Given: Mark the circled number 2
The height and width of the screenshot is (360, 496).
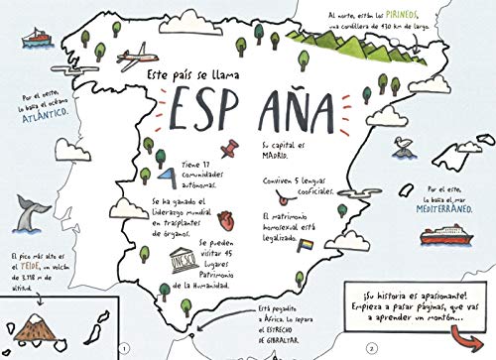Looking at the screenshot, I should [x=369, y=348].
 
